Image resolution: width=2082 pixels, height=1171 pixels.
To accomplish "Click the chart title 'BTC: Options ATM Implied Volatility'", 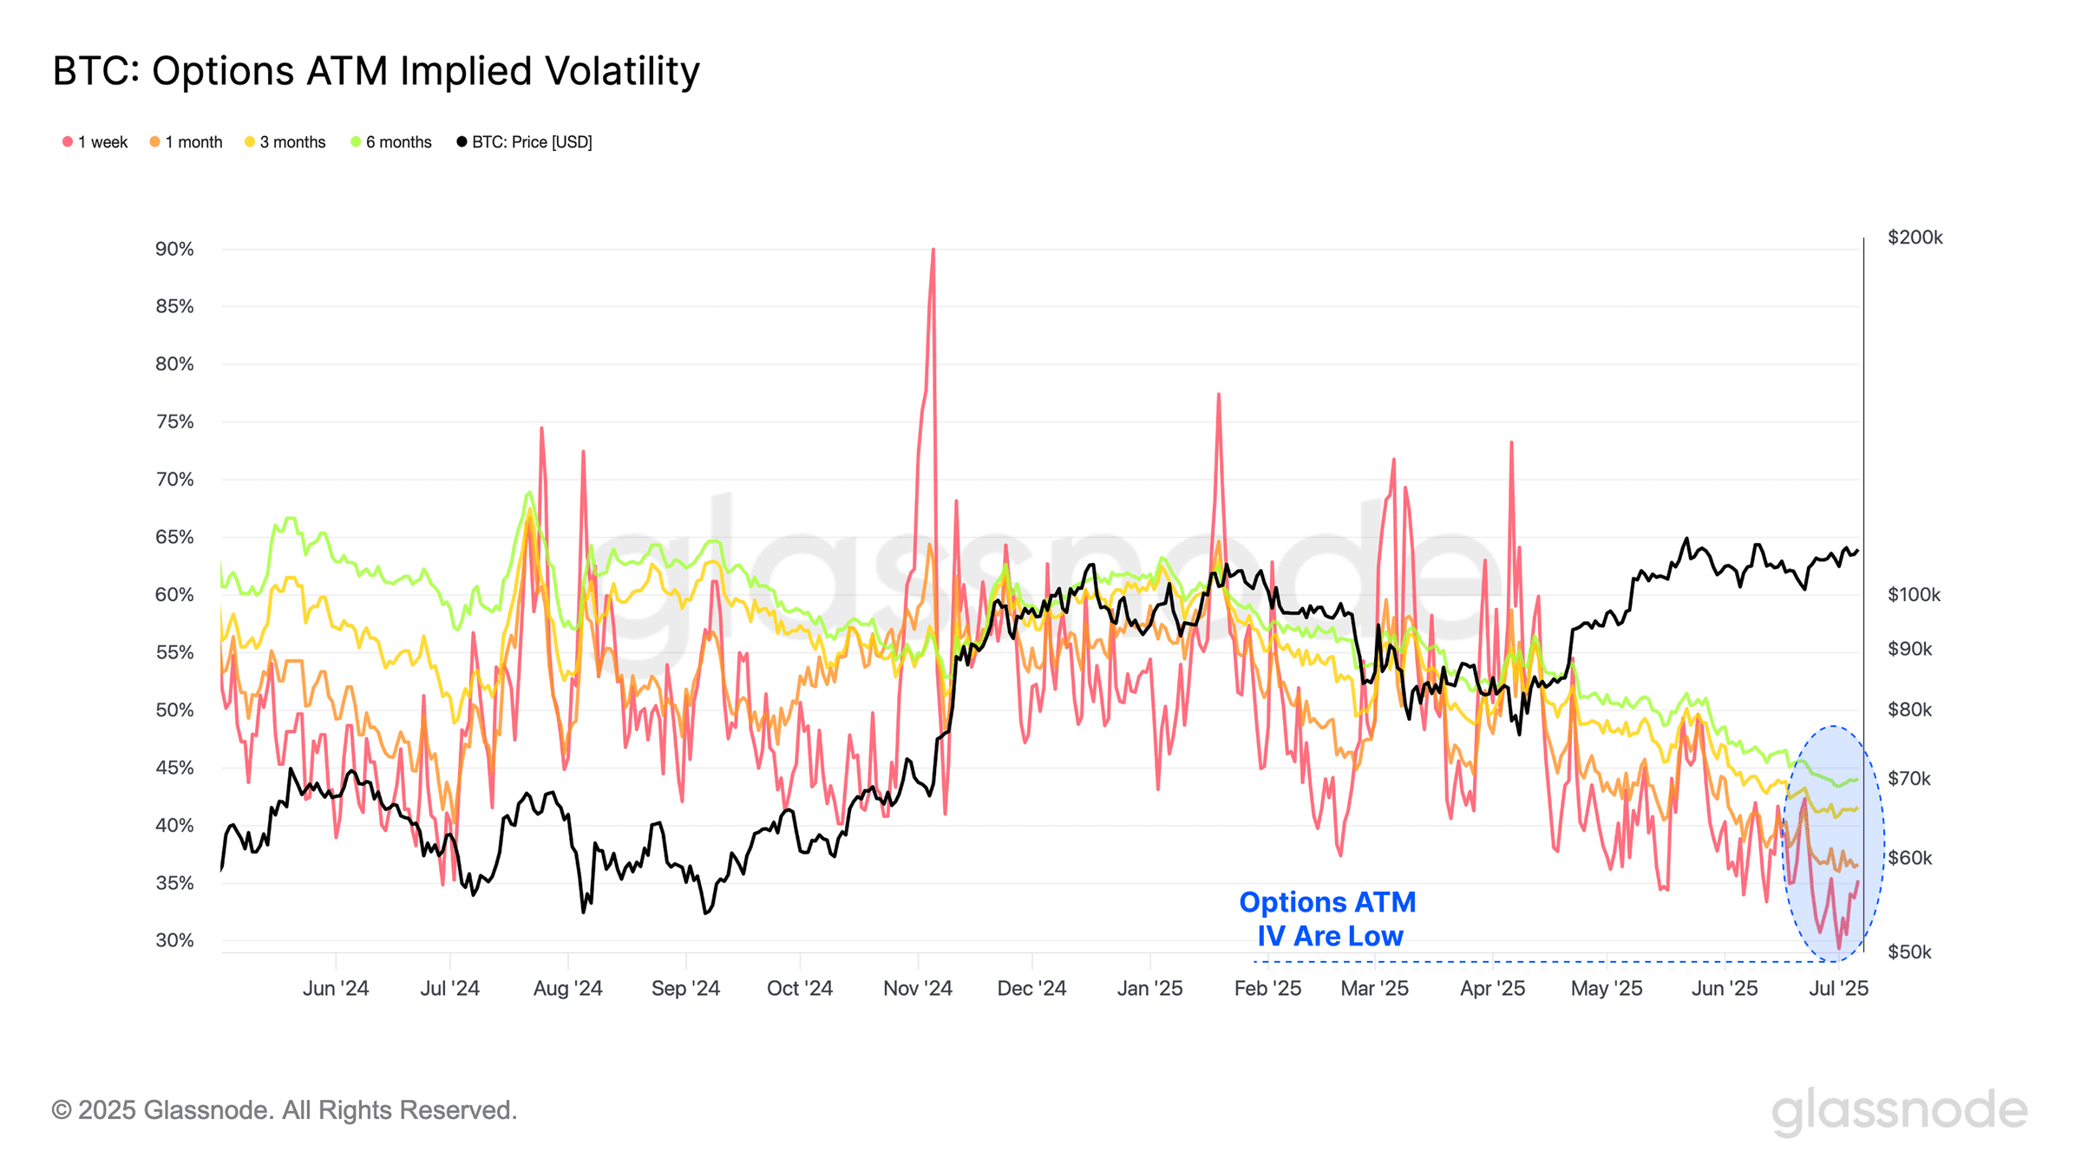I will [376, 71].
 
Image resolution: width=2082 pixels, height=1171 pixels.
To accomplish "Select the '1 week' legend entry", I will [95, 142].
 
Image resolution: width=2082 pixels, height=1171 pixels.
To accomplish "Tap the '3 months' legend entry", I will [285, 142].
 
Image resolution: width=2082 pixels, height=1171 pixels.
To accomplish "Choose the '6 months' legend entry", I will [391, 142].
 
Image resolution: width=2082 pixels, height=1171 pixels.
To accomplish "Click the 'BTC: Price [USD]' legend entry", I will [525, 142].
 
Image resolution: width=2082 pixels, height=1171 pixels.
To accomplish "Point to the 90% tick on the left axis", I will [174, 250].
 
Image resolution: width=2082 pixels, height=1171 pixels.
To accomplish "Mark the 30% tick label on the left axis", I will [174, 940].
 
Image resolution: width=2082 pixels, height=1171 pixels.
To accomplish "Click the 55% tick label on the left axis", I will [174, 652].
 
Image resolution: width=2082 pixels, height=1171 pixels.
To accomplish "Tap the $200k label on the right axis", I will [1915, 238].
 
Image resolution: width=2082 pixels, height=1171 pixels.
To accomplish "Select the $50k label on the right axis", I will [1909, 952].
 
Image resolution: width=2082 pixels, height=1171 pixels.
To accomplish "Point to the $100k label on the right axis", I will [1914, 595].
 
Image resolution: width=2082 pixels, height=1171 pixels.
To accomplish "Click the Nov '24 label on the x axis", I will [917, 989].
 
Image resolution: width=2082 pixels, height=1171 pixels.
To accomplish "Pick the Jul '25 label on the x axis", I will [1838, 989].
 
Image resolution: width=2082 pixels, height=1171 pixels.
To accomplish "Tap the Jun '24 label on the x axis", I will [336, 989].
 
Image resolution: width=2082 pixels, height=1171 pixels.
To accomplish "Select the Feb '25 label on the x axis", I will [1267, 989].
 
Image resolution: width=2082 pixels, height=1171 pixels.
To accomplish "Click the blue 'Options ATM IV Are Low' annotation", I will [1328, 919].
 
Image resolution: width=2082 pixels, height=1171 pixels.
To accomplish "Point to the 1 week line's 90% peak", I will [933, 251].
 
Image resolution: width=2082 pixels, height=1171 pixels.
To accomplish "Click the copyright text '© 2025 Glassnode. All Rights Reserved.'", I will [285, 1110].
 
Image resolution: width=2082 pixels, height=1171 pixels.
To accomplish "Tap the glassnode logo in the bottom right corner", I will [1899, 1111].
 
